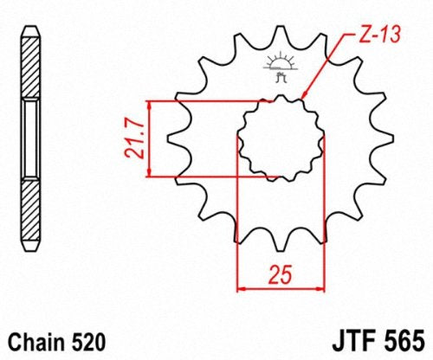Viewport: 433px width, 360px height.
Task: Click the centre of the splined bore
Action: click(x=281, y=138)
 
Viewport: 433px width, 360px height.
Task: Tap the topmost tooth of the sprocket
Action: click(x=281, y=35)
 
